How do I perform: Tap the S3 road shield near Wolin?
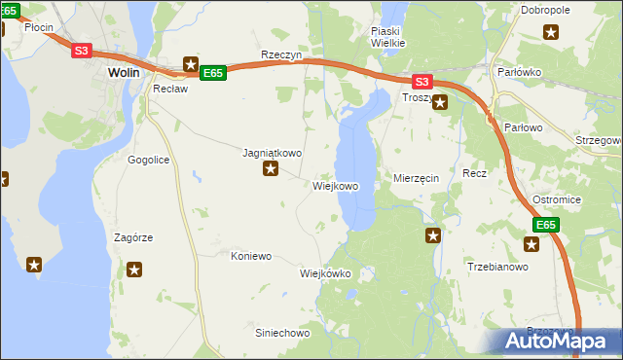pyautogui.click(x=82, y=52)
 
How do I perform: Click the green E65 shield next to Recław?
pyautogui.click(x=213, y=73)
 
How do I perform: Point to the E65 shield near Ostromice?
pyautogui.click(x=545, y=225)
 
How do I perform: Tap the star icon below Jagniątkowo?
pyautogui.click(x=271, y=170)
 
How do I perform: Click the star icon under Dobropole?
pyautogui.click(x=551, y=33)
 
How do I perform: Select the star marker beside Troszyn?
pyautogui.click(x=440, y=101)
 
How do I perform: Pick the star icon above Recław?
pyautogui.click(x=191, y=63)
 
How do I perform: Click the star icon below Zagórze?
pyautogui.click(x=135, y=270)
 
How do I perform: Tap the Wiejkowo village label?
pyautogui.click(x=336, y=186)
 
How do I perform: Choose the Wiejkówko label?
pyautogui.click(x=325, y=273)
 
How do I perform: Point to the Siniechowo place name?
pyautogui.click(x=281, y=333)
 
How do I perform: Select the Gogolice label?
pyautogui.click(x=149, y=159)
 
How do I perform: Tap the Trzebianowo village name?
pyautogui.click(x=497, y=267)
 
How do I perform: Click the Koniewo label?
pyautogui.click(x=250, y=256)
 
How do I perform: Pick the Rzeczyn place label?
pyautogui.click(x=281, y=56)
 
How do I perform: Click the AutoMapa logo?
pyautogui.click(x=559, y=341)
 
